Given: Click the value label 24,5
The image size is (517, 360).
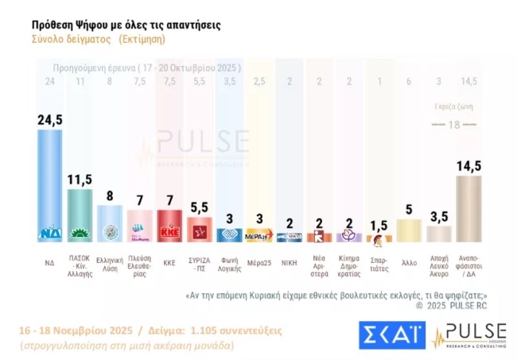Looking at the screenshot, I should tap(50, 120).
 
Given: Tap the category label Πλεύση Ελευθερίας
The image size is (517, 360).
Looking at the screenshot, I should tap(139, 265).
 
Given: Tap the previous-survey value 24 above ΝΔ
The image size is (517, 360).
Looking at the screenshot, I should tap(49, 80).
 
